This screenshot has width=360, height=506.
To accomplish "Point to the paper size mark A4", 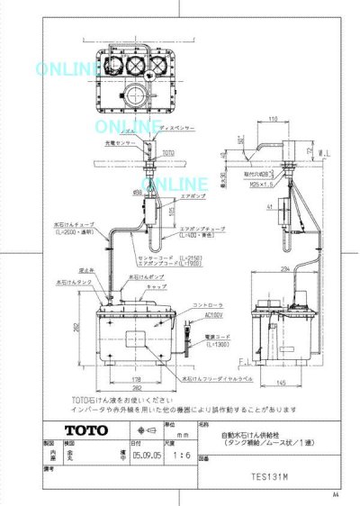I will point(335,494).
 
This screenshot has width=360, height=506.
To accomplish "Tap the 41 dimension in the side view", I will point(268,206).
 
